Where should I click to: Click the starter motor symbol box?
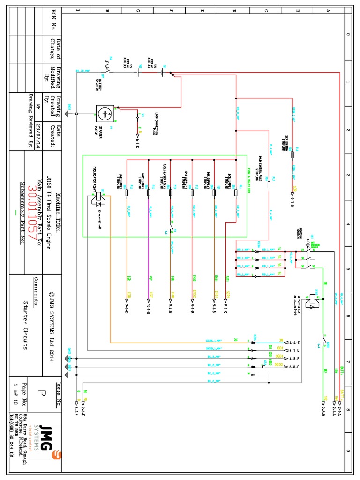coord(105,113)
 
